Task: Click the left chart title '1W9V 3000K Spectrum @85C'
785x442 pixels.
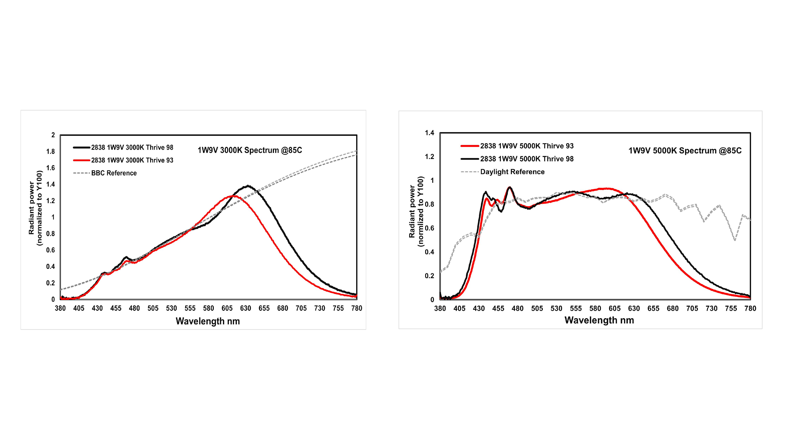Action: point(250,150)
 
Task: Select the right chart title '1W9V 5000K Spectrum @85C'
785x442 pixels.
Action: point(685,151)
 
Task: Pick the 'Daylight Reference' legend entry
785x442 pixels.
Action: point(512,172)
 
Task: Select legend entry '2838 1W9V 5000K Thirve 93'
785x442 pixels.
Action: point(527,146)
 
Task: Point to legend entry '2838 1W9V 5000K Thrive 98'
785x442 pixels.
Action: point(527,159)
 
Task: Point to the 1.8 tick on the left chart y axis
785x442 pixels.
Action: point(51,152)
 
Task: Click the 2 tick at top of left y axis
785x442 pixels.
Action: point(53,135)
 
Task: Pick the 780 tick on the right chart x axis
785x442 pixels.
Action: point(750,309)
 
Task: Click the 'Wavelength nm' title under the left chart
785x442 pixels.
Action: point(208,321)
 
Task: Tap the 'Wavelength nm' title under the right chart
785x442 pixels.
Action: point(599,320)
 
